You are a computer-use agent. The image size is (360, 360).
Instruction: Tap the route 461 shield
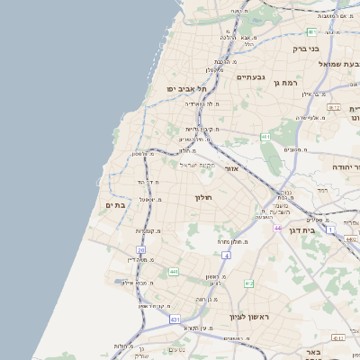(265, 137)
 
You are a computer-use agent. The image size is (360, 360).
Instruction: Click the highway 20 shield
(140, 249)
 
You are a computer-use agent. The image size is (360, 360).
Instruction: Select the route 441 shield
(173, 271)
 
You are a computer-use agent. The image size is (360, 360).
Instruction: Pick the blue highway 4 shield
(227, 256)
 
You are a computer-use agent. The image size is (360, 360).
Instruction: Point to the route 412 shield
(248, 283)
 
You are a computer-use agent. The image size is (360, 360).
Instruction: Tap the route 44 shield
(278, 229)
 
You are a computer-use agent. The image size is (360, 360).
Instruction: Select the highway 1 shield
(331, 230)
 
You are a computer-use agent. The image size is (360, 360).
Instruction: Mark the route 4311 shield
(337, 337)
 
